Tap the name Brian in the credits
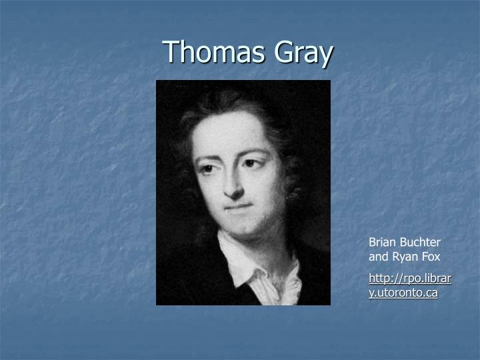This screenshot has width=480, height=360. pyautogui.click(x=383, y=243)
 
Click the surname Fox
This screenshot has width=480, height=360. pyautogui.click(x=431, y=256)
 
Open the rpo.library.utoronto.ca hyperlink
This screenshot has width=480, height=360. pyautogui.click(x=409, y=277)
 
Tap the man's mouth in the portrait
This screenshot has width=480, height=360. pyautogui.click(x=238, y=207)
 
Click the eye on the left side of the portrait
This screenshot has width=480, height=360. pyautogui.click(x=211, y=169)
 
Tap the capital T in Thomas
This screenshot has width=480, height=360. pyautogui.click(x=171, y=52)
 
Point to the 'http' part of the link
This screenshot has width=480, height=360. pyautogui.click(x=380, y=277)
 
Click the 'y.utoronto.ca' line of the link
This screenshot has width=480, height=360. pyautogui.click(x=403, y=293)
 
